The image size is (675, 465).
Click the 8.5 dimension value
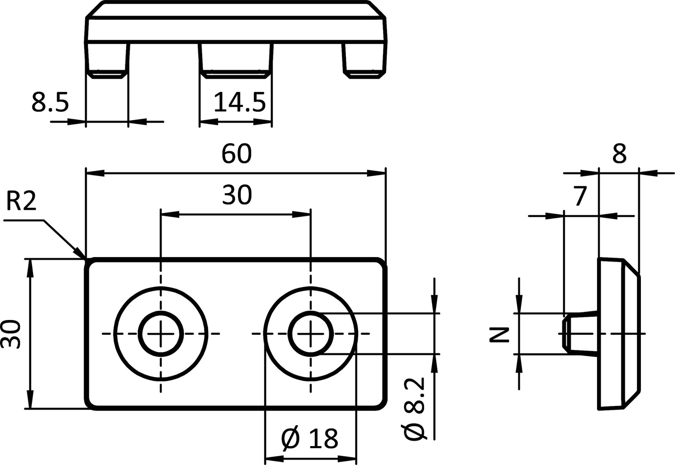pos(50,103)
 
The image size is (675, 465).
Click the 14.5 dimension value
pos(239,103)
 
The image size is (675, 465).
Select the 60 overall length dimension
pos(236,154)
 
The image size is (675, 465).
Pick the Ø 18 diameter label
pos(310,438)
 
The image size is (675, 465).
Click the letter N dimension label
pos(500,334)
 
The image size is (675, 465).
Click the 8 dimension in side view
pos(619,154)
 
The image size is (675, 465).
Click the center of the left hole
pos(160,334)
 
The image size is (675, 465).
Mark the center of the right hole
pos(311,334)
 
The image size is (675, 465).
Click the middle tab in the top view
pos(235,59)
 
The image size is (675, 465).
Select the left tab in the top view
pos(108,59)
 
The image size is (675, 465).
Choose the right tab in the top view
pos(365,59)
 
